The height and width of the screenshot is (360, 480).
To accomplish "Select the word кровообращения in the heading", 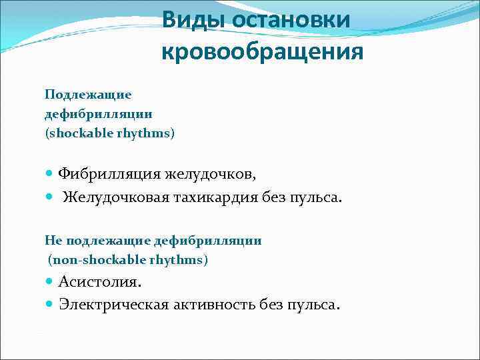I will pos(262,51).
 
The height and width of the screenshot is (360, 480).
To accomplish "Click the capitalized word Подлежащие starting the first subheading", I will pos(88,95).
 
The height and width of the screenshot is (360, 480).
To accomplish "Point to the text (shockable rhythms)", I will pos(110,133).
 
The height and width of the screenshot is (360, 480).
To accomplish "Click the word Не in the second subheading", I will pos(52,241).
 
